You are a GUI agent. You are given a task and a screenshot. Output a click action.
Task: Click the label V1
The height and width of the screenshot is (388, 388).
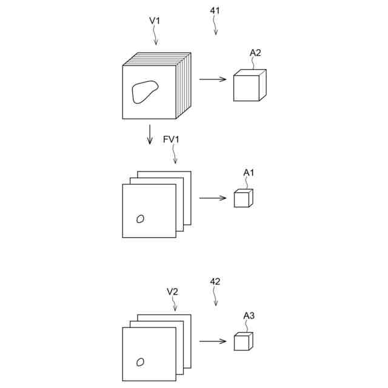[155, 21]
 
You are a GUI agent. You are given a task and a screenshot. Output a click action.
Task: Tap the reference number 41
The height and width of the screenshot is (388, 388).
[215, 10]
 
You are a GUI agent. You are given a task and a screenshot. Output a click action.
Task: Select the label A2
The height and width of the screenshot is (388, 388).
[255, 53]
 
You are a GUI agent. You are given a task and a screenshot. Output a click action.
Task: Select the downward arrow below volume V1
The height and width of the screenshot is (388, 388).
[150, 134]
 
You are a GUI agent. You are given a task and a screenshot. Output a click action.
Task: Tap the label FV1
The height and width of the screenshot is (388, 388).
[172, 139]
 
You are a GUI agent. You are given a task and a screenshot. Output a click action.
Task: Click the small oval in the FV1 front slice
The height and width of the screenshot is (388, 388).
[141, 219]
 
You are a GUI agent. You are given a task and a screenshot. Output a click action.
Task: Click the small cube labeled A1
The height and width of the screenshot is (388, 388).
[242, 198]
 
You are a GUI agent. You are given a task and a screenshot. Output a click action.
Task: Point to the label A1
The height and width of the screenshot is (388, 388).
[249, 173]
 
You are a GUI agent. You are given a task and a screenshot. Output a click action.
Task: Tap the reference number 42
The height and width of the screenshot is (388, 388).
[215, 281]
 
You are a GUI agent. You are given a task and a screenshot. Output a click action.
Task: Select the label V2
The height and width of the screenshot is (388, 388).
[172, 292]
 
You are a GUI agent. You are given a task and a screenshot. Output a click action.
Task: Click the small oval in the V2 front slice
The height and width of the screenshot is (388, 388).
[141, 362]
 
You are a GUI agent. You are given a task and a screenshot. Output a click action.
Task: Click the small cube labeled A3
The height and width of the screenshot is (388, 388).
[242, 341]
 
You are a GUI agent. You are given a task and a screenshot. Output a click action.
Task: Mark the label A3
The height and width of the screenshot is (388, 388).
[249, 315]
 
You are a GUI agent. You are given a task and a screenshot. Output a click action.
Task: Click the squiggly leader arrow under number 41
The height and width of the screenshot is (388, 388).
[215, 25]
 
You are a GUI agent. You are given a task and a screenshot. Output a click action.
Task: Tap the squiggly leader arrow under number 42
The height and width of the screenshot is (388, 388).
[215, 296]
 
